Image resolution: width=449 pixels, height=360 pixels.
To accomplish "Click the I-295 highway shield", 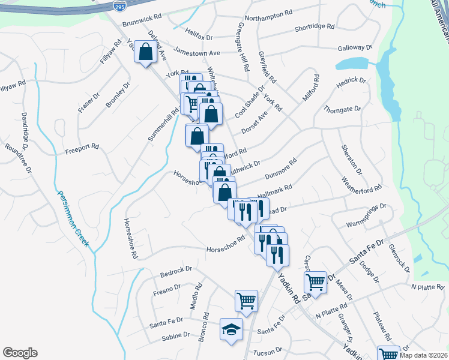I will click(119, 6).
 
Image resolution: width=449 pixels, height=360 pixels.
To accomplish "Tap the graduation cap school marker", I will click(231, 329).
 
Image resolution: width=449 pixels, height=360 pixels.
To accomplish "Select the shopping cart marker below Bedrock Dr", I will click(246, 300).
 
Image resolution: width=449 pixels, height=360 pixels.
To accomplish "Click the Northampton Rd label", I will click(268, 13).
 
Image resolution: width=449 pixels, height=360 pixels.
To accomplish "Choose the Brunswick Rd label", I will click(142, 22).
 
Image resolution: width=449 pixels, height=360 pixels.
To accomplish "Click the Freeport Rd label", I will click(82, 146).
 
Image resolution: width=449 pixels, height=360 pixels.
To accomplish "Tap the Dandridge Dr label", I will click(26, 130).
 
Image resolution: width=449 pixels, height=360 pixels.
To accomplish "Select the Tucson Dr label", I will click(268, 352).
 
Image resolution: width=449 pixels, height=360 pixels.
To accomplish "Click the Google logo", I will click(20, 353).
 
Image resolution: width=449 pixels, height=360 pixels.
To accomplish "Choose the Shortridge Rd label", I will click(314, 28).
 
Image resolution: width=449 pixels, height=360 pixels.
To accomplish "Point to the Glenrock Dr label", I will click(397, 257).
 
